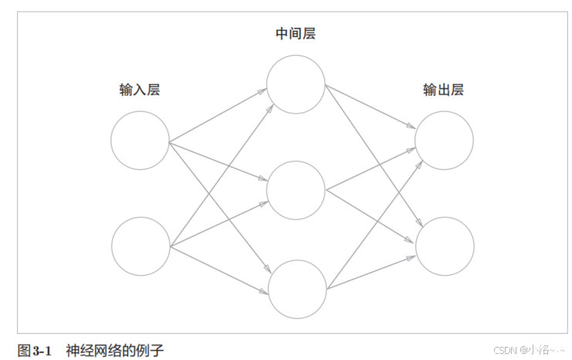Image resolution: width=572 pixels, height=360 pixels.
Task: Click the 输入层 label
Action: click(140, 90)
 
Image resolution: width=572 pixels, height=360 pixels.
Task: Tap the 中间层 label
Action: click(296, 34)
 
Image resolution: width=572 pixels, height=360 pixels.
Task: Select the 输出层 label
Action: click(443, 90)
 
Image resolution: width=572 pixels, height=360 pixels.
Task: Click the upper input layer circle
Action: click(140, 141)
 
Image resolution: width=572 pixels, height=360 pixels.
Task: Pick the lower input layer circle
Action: click(140, 246)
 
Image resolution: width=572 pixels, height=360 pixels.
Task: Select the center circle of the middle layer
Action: click(296, 189)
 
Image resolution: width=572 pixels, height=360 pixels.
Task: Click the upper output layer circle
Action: click(444, 141)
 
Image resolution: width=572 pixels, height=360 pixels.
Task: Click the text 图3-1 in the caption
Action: click(34, 351)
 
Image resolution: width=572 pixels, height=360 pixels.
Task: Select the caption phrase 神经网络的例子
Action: click(115, 351)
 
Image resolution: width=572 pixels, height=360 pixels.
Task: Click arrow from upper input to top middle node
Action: click(218, 117)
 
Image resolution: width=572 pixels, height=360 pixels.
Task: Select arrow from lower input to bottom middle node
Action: click(218, 270)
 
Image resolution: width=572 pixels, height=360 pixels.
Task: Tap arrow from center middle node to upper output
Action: click(371, 169)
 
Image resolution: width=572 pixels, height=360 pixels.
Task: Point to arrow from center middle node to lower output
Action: click(371, 216)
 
